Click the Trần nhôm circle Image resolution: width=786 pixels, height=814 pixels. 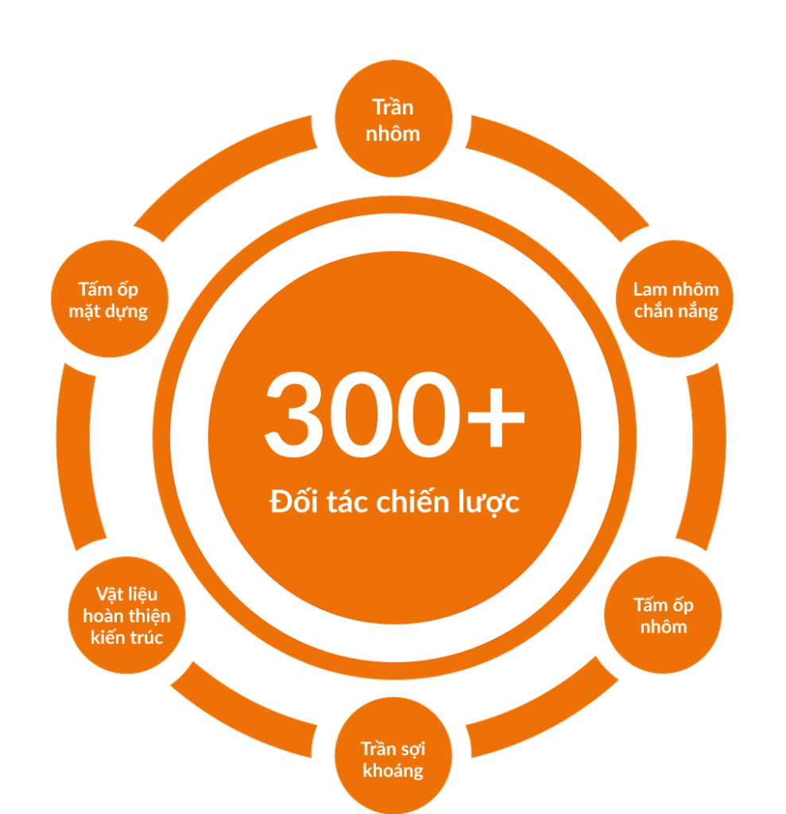(393, 118)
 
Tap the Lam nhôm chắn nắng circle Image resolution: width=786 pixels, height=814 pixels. (675, 299)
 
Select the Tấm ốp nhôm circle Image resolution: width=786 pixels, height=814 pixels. (663, 615)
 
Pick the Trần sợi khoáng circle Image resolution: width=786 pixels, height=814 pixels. (393, 755)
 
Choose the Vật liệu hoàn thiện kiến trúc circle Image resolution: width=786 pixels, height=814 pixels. (126, 615)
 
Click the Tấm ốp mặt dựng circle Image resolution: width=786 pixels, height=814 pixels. (110, 299)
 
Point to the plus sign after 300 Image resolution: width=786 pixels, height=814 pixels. (496, 417)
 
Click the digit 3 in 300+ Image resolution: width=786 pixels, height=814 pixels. (295, 414)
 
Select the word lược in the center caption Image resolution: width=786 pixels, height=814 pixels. (489, 502)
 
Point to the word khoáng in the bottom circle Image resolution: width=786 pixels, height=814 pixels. (393, 771)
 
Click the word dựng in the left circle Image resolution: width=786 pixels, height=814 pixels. (126, 312)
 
